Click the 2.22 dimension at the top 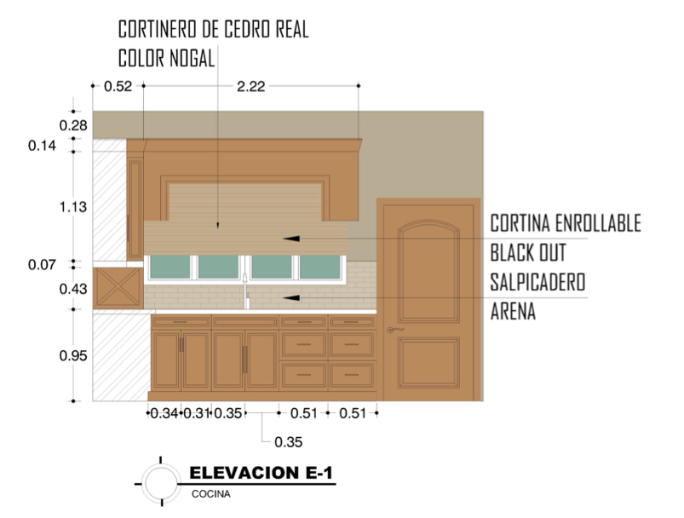250,86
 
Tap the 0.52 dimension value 118,86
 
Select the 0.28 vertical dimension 73,126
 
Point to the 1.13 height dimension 73,207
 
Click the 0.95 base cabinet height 73,356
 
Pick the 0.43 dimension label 73,289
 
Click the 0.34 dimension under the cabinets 164,413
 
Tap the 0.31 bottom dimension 196,413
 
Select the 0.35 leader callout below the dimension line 289,442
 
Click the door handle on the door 395,330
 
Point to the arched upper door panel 428,271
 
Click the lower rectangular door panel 428,363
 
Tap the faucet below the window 246,291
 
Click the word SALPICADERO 537,282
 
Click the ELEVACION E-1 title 261,473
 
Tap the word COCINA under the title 211,494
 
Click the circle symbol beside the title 161,484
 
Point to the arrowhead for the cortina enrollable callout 291,239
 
